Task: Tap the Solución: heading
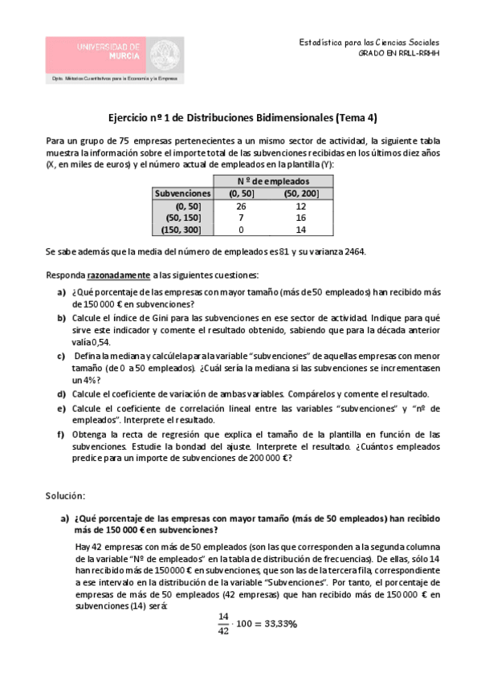[66, 497]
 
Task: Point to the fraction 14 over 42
[222, 623]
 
